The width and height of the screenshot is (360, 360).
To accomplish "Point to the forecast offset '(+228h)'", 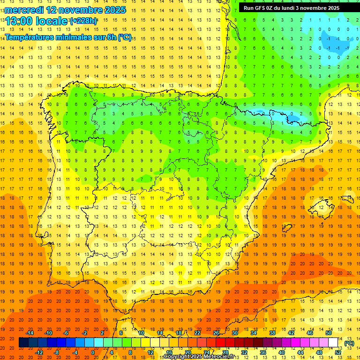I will (83, 21).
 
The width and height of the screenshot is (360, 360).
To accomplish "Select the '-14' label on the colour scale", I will (30, 333).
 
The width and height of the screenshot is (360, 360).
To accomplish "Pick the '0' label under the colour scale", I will (92, 352).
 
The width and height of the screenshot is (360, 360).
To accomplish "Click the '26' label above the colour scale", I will (216, 333).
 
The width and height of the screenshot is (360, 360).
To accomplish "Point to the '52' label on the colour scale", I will (337, 352).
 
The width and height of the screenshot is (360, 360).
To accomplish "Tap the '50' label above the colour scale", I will (328, 333).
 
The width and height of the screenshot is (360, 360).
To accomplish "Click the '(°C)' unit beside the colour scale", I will (349, 343).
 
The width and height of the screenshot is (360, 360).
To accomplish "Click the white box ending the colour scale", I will (333, 343).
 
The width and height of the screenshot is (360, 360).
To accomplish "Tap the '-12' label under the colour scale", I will (39, 352).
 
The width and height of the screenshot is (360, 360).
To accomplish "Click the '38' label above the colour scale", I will (272, 333).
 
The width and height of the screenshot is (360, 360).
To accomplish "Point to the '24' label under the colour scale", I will (207, 352).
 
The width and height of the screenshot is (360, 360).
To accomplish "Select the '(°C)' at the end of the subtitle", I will (125, 37).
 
